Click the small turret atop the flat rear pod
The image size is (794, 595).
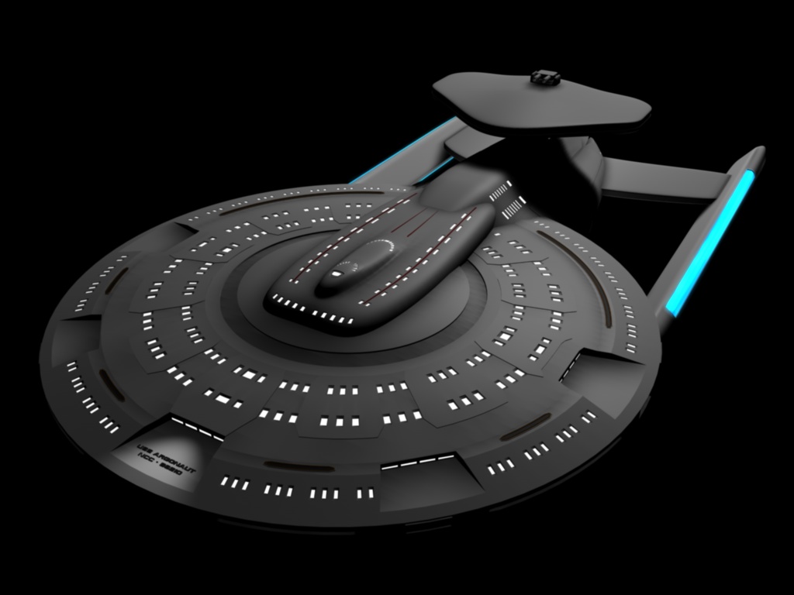545,77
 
